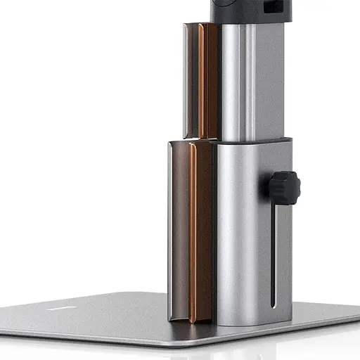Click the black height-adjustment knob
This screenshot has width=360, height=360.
pos(283,187)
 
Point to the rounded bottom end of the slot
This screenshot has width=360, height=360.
pos(274,307)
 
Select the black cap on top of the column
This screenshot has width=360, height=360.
pos(246,10)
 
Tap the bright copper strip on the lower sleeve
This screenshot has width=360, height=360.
pos(202,232)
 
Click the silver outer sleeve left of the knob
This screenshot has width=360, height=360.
pos(239,232)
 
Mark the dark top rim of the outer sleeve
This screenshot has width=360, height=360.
pos(253,141)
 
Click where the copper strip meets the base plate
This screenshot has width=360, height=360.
pos(201,320)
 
